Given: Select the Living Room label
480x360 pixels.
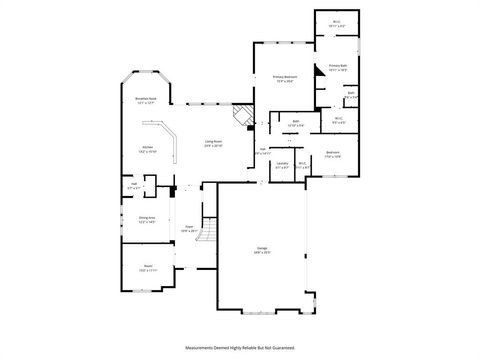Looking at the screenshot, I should (x=214, y=144).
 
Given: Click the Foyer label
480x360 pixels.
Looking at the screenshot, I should (x=187, y=229).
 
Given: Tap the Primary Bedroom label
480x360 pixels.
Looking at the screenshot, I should (x=286, y=78).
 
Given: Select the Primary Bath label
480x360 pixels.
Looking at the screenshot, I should (x=337, y=69).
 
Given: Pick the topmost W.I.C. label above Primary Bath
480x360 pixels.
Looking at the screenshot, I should (x=337, y=24).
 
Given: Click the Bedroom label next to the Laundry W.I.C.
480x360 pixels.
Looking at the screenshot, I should (x=333, y=155).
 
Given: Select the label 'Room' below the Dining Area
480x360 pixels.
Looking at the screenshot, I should (x=147, y=267).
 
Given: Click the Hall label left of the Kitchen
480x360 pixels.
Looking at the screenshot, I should (x=134, y=185).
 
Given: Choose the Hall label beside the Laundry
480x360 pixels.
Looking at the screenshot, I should (x=263, y=152).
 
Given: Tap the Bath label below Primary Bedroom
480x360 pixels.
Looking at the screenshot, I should (x=297, y=123).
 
